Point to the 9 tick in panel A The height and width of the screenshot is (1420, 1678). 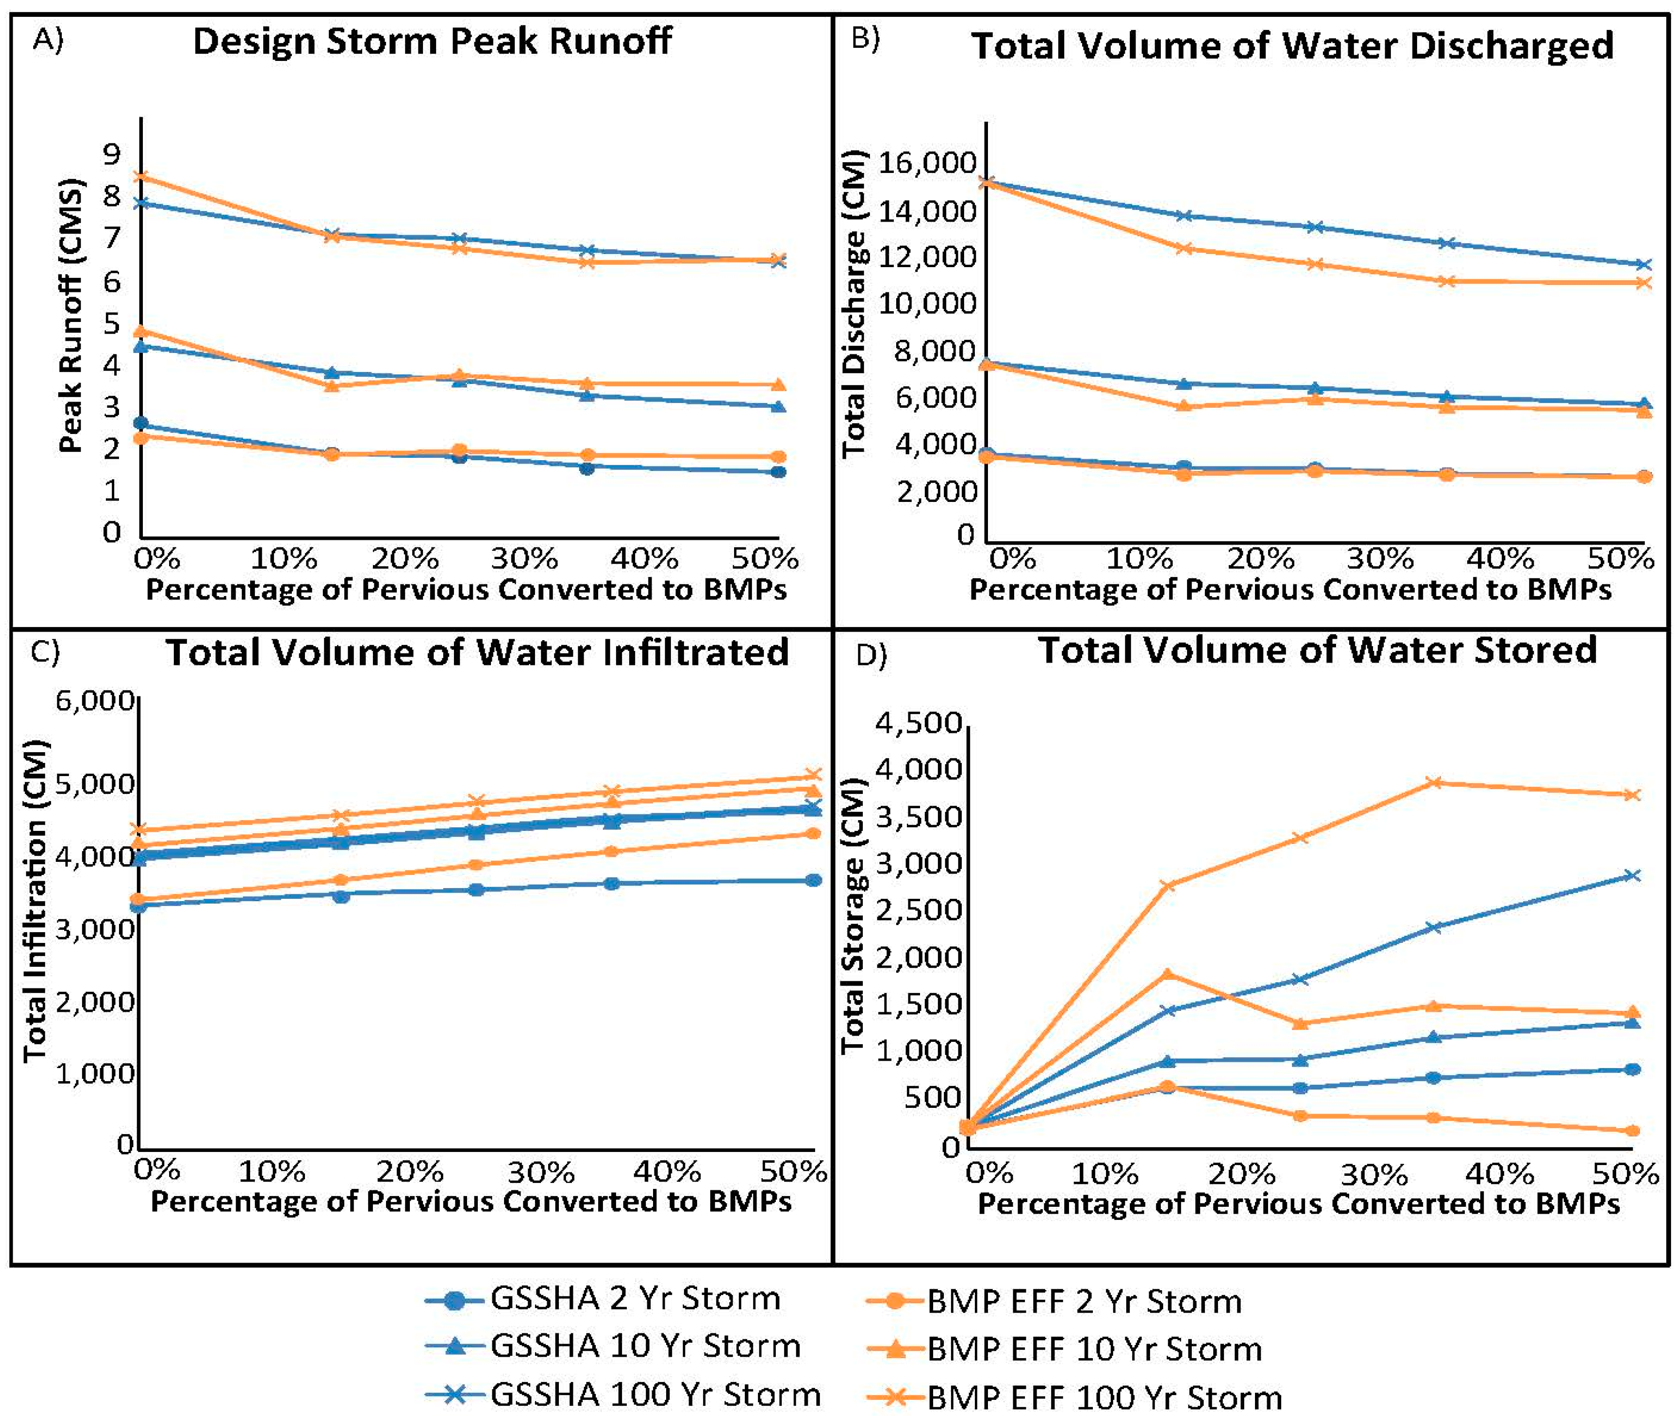click(x=111, y=154)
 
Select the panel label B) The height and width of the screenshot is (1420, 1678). click(x=865, y=38)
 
